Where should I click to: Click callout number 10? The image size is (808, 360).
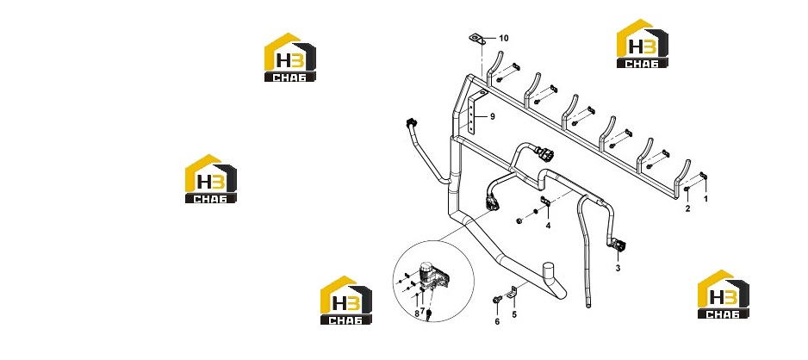[x=503, y=38]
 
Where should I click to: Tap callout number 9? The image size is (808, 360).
[x=492, y=117]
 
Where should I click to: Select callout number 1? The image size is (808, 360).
[x=706, y=198]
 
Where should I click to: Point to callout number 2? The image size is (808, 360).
[x=687, y=208]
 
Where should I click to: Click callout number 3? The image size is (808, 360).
[x=618, y=268]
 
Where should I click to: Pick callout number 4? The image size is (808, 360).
[x=548, y=225]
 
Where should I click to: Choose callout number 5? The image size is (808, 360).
[x=513, y=313]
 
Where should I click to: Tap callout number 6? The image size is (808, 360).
[x=497, y=322]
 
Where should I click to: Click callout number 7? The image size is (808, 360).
[x=422, y=311]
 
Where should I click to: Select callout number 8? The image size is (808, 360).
[x=416, y=313]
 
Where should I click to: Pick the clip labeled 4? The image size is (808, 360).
[x=545, y=202]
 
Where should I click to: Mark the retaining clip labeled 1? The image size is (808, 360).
[x=703, y=177]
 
